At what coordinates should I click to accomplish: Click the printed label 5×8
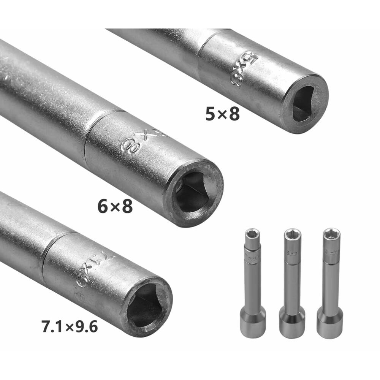point(222,114)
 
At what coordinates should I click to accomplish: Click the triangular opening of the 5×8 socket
point(304,104)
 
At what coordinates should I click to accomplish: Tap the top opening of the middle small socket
point(293,234)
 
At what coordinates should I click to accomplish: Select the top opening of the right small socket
point(331,234)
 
